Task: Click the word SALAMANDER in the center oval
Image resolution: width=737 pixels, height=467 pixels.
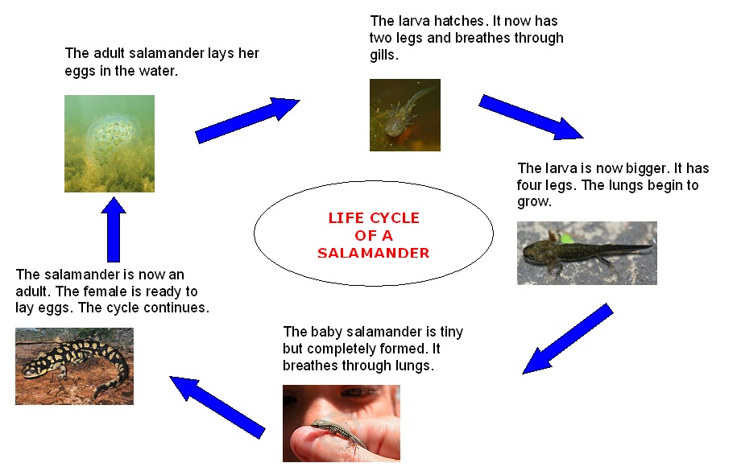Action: pyautogui.click(x=373, y=253)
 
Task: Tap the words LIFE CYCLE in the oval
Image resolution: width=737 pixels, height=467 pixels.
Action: pyautogui.click(x=374, y=218)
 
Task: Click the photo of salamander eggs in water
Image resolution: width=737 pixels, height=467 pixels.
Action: pyautogui.click(x=110, y=143)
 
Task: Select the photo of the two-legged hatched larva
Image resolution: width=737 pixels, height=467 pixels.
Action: pyautogui.click(x=404, y=114)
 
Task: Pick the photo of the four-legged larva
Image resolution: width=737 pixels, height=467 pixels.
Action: pyautogui.click(x=586, y=253)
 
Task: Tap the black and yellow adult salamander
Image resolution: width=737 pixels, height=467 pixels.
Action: pyautogui.click(x=75, y=365)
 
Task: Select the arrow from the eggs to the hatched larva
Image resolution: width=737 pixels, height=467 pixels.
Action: pyautogui.click(x=246, y=120)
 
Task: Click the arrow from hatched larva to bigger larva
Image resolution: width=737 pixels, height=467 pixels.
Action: pyautogui.click(x=531, y=117)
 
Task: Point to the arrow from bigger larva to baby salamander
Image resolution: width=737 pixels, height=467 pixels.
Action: pyautogui.click(x=567, y=339)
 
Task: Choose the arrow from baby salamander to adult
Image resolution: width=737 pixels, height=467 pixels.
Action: pyautogui.click(x=217, y=405)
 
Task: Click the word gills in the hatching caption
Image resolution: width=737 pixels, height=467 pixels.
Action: pyautogui.click(x=384, y=56)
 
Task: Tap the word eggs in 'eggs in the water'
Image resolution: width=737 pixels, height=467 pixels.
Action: pyautogui.click(x=81, y=71)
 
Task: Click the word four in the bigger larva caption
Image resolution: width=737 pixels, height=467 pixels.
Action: pyautogui.click(x=532, y=185)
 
